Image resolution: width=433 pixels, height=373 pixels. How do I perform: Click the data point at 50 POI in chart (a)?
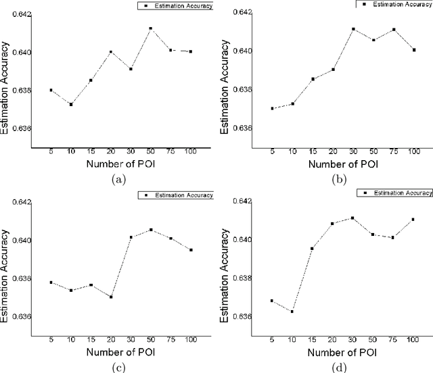point(151,28)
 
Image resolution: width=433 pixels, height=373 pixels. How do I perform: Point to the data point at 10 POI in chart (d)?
point(292,312)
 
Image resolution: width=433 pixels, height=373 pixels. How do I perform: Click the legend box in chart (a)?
point(175,6)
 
